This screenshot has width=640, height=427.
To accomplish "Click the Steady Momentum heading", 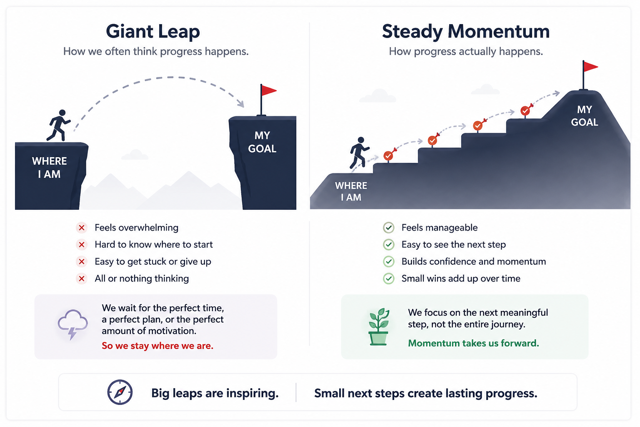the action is [466, 31].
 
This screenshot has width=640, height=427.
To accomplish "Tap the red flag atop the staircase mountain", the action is [590, 67].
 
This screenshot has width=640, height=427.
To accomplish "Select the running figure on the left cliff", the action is [59, 125].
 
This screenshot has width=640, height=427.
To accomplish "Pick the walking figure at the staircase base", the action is [359, 153].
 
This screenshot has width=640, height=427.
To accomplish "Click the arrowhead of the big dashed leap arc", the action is [241, 103].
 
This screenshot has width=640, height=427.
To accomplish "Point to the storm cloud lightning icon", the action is [72, 324].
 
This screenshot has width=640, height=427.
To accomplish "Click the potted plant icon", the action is [379, 327].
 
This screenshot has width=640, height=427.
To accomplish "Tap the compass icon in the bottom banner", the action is [120, 392].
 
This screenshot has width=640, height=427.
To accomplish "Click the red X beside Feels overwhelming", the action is [82, 228].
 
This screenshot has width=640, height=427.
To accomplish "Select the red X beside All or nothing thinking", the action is [82, 279].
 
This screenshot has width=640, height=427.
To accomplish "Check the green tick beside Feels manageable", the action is [389, 228].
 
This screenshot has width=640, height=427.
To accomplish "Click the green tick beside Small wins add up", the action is [389, 279].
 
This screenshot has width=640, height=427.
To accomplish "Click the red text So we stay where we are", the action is [157, 346].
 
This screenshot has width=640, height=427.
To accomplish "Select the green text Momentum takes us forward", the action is [473, 343].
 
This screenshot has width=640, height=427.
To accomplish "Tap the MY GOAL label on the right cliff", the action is [262, 142].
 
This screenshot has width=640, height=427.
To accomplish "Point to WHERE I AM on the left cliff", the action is [50, 168].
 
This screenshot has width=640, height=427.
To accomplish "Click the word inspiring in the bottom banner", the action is [252, 394].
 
